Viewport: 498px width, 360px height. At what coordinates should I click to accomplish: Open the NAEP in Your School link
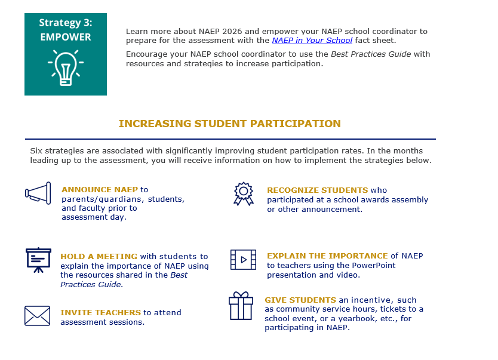tap(312, 41)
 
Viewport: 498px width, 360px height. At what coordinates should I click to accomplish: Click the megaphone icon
tap(38, 193)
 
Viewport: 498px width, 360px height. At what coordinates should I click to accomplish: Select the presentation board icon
tap(38, 260)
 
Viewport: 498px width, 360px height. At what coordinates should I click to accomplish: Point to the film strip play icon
tap(243, 260)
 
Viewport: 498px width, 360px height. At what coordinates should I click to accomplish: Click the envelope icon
tap(37, 316)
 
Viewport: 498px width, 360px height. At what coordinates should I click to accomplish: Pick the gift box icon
tap(241, 306)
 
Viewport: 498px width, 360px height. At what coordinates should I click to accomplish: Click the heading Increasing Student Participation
tap(230, 124)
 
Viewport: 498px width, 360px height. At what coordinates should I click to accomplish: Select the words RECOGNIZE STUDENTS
tap(317, 190)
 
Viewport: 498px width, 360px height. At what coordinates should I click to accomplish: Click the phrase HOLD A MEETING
tap(99, 257)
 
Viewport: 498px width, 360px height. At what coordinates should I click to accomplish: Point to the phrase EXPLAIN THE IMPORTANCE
tap(327, 256)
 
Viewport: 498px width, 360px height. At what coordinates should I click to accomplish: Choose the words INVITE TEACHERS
tap(100, 312)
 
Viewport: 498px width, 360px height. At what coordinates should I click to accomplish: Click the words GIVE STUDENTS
tap(300, 300)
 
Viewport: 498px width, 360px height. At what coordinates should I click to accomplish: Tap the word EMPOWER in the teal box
tap(66, 37)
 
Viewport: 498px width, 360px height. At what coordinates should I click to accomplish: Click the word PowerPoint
tap(374, 266)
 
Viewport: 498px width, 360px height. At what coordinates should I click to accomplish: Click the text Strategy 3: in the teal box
tap(66, 23)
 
